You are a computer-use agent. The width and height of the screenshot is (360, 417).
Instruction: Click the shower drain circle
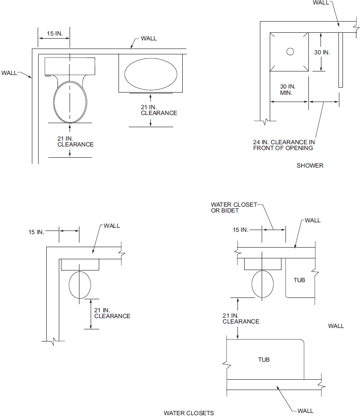point(290,52)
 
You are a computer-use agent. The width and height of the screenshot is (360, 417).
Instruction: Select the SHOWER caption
point(310,165)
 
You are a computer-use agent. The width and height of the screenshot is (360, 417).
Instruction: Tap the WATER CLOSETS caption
point(189,413)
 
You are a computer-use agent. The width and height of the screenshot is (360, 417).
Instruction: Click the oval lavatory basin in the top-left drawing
point(150,73)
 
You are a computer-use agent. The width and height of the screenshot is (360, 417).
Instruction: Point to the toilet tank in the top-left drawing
point(70,66)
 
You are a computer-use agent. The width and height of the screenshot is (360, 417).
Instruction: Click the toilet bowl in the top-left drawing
point(70,101)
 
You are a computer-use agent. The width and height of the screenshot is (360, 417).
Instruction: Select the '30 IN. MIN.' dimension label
point(287,89)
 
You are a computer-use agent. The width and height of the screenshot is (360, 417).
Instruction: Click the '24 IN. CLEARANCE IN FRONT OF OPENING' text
point(284,145)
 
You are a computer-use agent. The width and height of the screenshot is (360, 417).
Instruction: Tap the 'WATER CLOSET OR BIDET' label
point(233,208)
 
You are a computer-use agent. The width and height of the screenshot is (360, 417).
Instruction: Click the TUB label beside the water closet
point(299,280)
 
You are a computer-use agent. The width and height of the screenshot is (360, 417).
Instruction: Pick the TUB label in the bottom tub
point(264,359)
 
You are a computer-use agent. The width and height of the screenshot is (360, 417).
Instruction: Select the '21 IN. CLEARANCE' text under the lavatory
point(159,110)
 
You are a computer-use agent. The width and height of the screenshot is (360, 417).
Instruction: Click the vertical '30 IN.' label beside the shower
point(322,52)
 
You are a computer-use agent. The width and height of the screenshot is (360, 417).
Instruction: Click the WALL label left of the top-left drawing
point(9,72)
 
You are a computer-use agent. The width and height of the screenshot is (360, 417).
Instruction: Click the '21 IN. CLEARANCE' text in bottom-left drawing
point(112,313)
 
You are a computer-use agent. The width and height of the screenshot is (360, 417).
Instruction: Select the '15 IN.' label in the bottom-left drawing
point(36,232)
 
